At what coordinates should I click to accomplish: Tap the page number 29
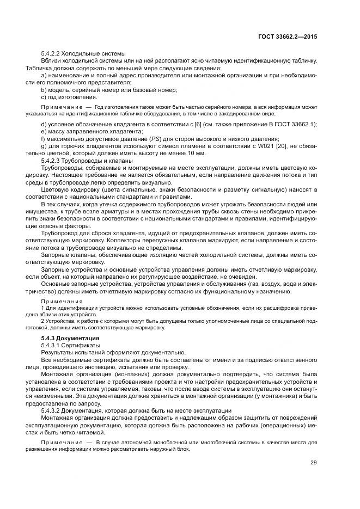tap(313, 463)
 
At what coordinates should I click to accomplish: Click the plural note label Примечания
tap(61, 301)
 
